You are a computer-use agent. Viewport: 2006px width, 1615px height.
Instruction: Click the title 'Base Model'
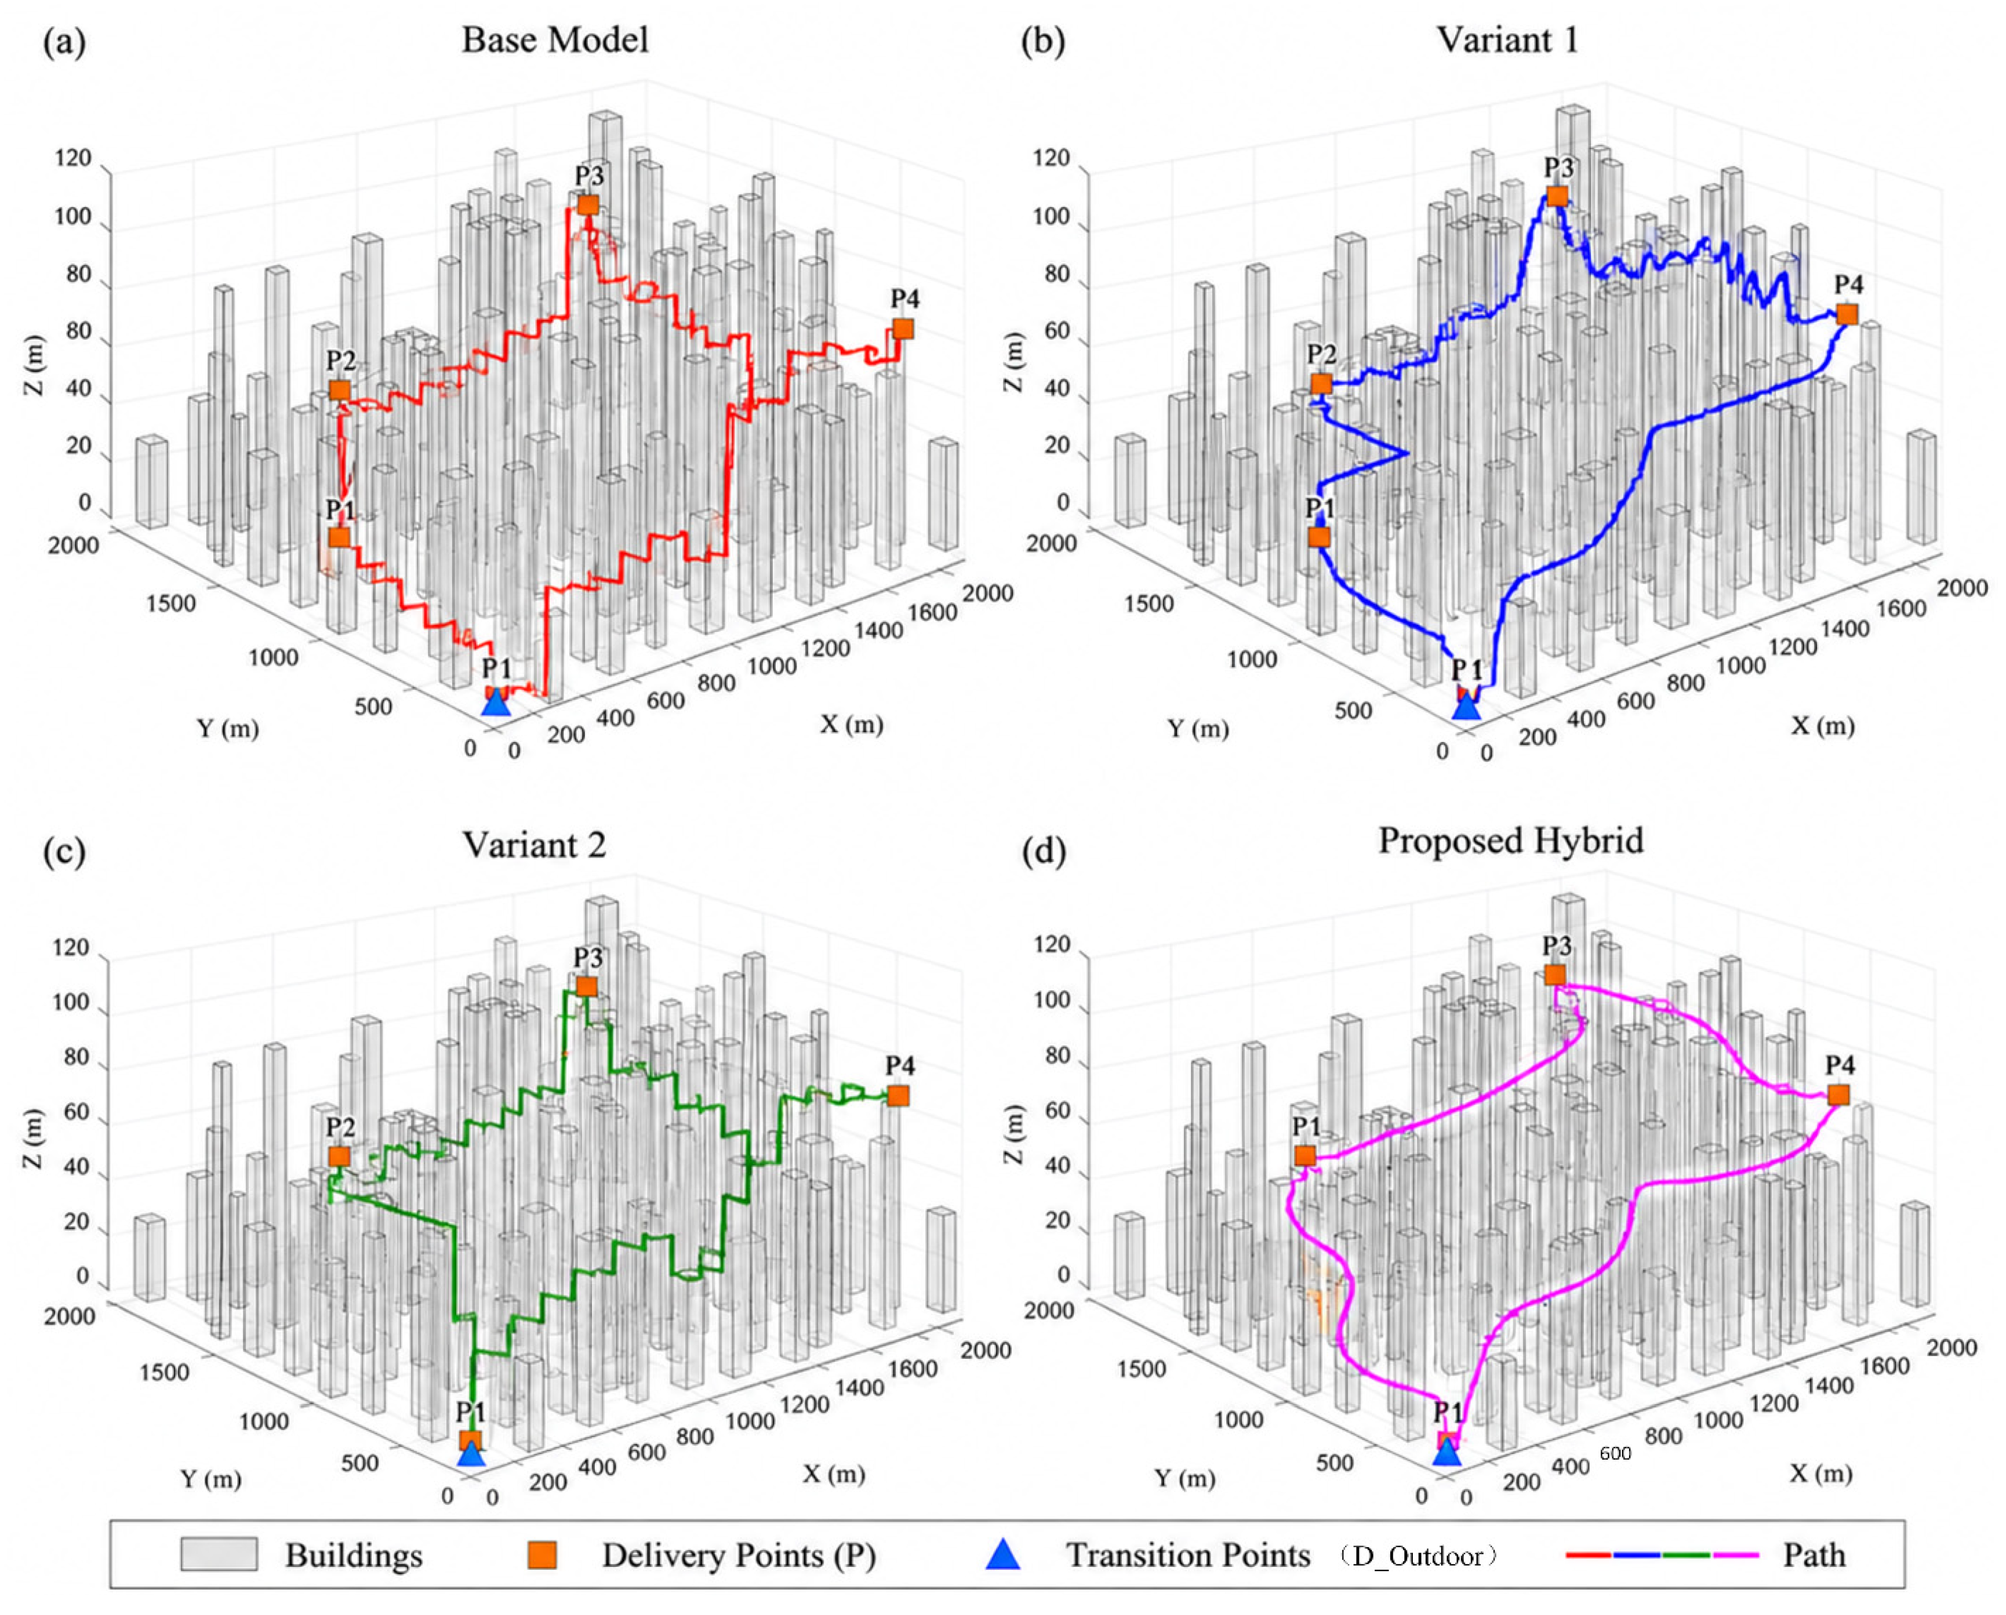tap(555, 40)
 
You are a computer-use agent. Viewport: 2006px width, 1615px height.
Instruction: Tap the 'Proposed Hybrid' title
tap(1511, 840)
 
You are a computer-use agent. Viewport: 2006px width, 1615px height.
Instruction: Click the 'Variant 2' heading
tap(535, 844)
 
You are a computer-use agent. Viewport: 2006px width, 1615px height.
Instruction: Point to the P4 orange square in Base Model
tap(903, 329)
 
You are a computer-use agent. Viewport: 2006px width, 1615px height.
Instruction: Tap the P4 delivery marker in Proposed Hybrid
tap(1838, 1095)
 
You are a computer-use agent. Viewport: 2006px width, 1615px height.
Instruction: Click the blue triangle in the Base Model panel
tap(497, 703)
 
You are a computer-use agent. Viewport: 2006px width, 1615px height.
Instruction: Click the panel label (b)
tap(1043, 43)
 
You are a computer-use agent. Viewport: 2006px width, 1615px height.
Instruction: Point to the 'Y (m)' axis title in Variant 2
tap(210, 1478)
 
